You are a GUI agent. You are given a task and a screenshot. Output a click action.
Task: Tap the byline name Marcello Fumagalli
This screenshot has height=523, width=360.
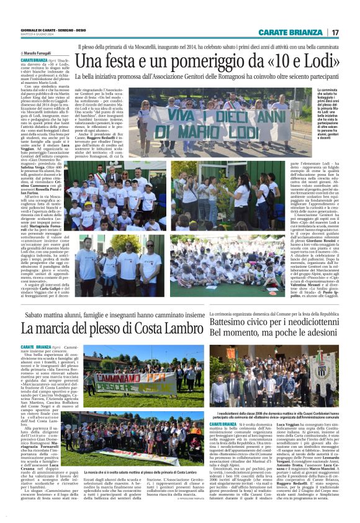pos(40,54)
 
